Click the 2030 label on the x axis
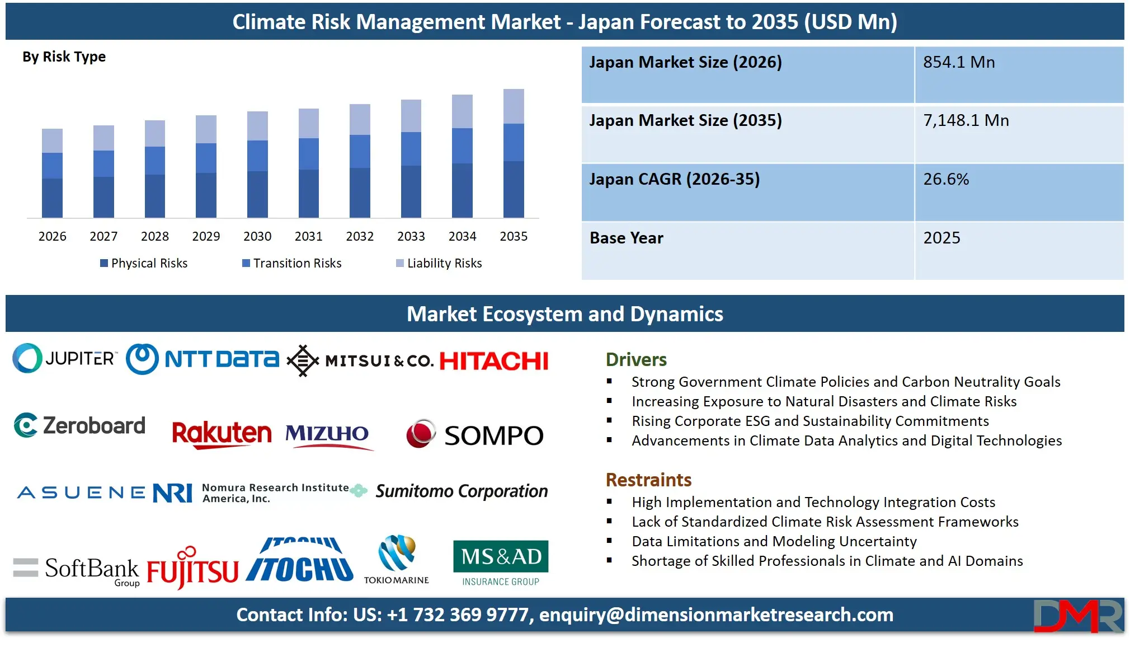pyautogui.click(x=257, y=236)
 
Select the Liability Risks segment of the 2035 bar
pyautogui.click(x=514, y=106)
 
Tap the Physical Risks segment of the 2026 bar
pyautogui.click(x=52, y=198)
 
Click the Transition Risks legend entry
pyautogui.click(x=291, y=263)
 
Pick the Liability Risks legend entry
pyautogui.click(x=439, y=263)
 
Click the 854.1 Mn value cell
pyautogui.click(x=959, y=62)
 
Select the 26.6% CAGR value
pyautogui.click(x=946, y=179)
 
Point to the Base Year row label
pyautogui.click(x=626, y=238)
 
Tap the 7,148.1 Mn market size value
pyautogui.click(x=966, y=120)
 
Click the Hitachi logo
pyautogui.click(x=494, y=361)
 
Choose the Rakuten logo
pyautogui.click(x=222, y=434)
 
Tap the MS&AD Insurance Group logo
pyautogui.click(x=501, y=563)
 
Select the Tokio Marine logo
pyautogui.click(x=397, y=560)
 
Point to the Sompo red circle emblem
pyautogui.click(x=421, y=434)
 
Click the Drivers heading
pyautogui.click(x=636, y=359)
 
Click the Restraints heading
pyautogui.click(x=648, y=480)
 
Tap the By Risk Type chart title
pyautogui.click(x=64, y=57)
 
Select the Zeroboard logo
pyautogui.click(x=79, y=426)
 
